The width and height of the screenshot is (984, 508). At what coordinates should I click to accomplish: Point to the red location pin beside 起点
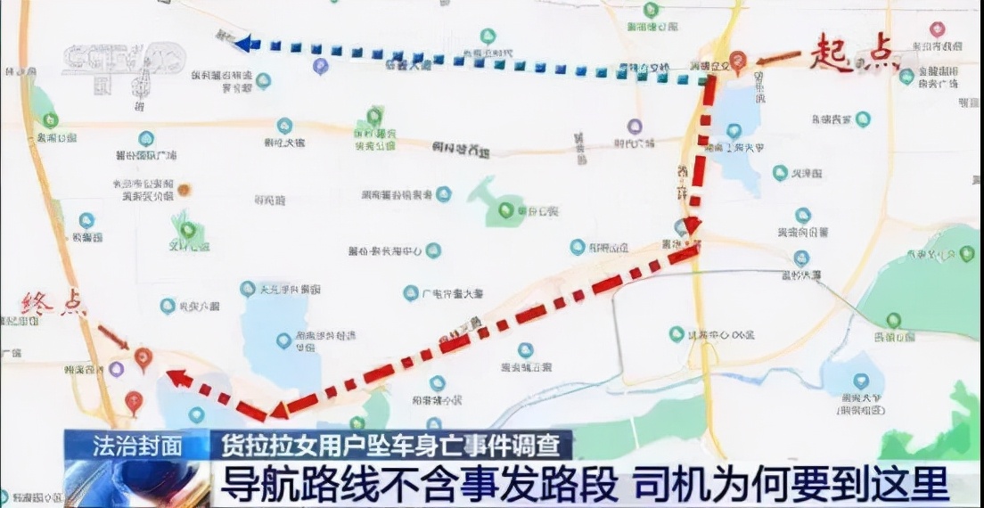pos(736,61)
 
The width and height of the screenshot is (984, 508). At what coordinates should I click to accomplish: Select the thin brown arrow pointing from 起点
pos(777,59)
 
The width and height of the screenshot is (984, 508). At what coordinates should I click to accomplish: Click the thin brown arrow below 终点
pos(113,337)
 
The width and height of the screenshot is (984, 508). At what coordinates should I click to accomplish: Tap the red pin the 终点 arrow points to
pos(143,358)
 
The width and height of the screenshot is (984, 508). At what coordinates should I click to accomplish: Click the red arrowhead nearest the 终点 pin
pos(178,378)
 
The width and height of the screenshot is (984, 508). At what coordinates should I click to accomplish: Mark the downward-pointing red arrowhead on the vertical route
pos(692,225)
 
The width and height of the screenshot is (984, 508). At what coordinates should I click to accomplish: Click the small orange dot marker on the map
pos(184,189)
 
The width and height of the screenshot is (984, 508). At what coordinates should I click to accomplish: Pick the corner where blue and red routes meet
pos(709,80)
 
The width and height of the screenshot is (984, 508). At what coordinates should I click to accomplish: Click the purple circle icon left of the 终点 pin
pos(117,368)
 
